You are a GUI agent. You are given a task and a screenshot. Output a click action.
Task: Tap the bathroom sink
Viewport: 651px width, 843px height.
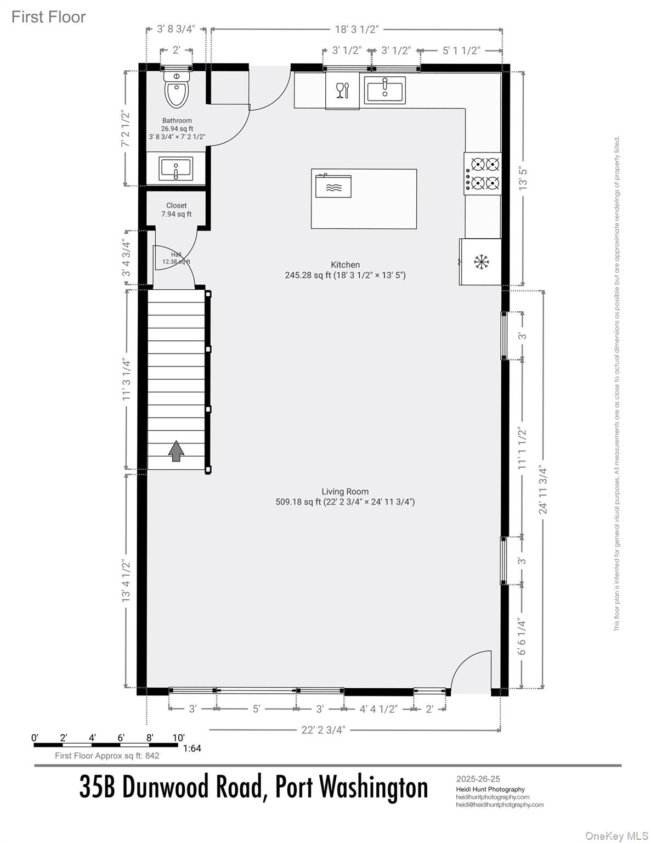coord(176,168)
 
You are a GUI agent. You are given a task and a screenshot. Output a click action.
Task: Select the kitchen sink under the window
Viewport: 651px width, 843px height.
coord(385,89)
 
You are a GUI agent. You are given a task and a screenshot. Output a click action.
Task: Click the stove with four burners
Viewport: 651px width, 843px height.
coord(483,173)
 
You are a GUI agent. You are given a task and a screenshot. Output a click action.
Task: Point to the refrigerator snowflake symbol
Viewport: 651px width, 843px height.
coord(481,262)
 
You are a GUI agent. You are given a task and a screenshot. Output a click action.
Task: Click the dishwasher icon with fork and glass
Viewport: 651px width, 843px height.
coord(342,90)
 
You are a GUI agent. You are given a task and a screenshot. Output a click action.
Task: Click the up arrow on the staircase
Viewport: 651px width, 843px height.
coord(176,451)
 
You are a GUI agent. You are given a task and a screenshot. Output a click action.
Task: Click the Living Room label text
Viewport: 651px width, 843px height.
coord(345,492)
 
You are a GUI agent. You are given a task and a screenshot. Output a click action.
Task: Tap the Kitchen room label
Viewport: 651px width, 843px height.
coord(345,265)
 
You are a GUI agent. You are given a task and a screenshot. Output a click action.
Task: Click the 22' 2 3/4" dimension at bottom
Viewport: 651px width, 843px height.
coord(324,729)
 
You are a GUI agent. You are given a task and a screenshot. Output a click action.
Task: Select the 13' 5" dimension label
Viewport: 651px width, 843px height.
coord(523,178)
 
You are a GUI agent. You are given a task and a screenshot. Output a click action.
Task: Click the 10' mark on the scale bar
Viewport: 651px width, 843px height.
coord(178,737)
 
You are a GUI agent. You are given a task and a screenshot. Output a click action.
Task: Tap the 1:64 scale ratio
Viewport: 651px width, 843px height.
coord(192,748)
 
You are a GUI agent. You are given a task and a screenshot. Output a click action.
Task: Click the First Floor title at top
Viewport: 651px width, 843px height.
coord(49,17)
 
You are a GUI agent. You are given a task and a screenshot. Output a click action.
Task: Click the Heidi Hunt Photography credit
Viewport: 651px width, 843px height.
coord(490,789)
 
